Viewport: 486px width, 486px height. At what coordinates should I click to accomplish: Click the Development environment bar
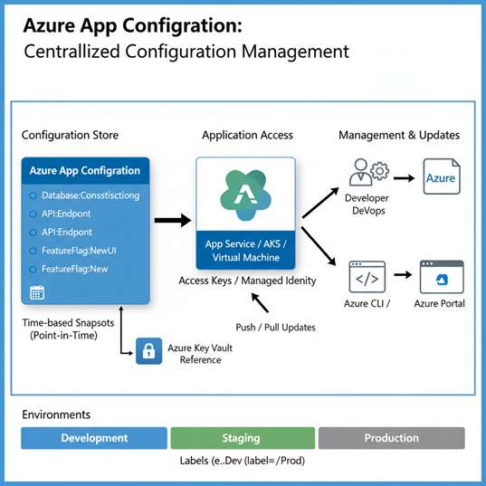tap(94, 438)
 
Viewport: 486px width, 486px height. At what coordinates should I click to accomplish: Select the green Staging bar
tap(243, 438)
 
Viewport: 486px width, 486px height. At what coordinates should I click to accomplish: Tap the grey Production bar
tap(391, 438)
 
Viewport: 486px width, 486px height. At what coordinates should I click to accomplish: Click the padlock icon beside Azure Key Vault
tap(148, 352)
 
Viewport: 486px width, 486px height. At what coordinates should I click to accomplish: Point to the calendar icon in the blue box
tap(37, 291)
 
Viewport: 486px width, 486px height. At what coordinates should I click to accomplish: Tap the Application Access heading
tap(247, 135)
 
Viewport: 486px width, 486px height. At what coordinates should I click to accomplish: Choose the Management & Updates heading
tap(399, 135)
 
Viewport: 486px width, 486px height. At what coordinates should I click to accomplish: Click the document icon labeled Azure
tap(441, 178)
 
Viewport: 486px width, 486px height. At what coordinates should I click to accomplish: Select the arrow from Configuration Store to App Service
tap(172, 220)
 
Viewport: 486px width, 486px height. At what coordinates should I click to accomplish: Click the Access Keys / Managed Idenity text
tap(246, 281)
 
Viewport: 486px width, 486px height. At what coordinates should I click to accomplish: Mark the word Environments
tap(55, 415)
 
